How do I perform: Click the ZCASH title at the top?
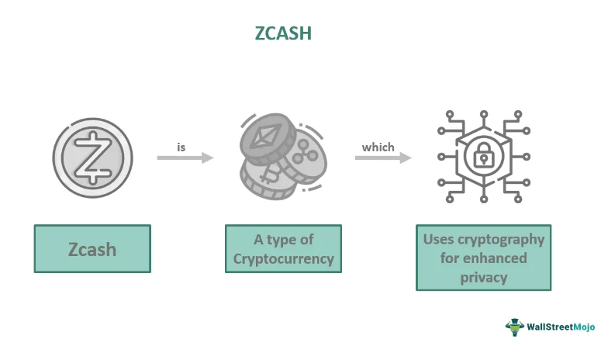point(284,34)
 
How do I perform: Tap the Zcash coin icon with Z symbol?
point(92,155)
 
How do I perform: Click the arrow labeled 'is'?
point(185,158)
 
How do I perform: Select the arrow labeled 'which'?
point(383,158)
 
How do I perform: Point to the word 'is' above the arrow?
point(181,145)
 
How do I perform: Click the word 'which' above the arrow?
point(378,147)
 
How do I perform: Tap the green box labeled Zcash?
point(92,249)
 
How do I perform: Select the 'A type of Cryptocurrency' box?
point(283,249)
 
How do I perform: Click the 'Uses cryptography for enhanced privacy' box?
point(483,258)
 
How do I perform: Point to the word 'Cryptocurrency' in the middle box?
point(283,259)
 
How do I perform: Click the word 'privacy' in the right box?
point(484,276)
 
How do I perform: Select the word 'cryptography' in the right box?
point(503,240)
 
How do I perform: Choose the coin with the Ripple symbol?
point(307,159)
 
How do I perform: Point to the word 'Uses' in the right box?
point(438,240)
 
